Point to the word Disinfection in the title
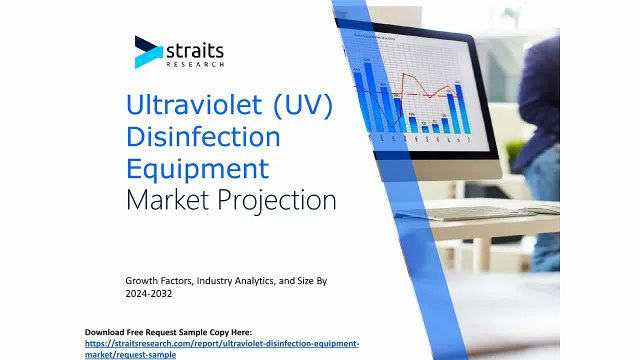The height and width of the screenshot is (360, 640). pyautogui.click(x=203, y=136)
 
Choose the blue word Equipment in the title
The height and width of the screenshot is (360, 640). pyautogui.click(x=197, y=167)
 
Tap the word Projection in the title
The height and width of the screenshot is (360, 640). pyautogui.click(x=276, y=199)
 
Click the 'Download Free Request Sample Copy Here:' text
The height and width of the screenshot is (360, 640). pyautogui.click(x=168, y=331)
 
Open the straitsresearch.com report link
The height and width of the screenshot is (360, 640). pyautogui.click(x=221, y=343)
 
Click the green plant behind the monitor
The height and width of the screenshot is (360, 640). pyautogui.click(x=516, y=150)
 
